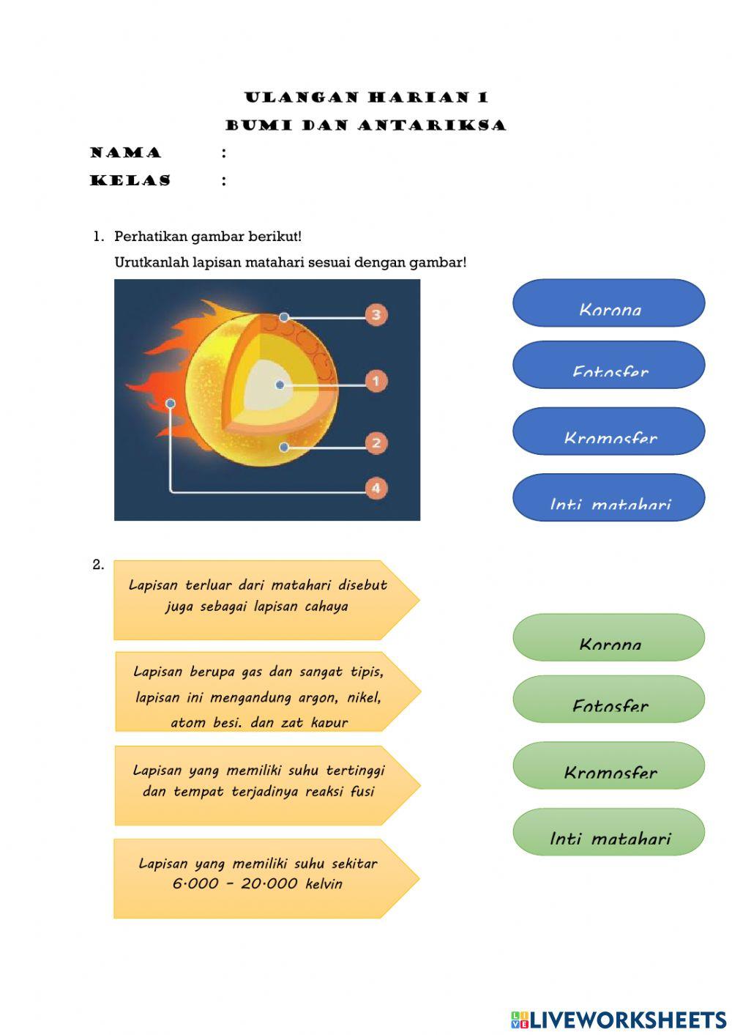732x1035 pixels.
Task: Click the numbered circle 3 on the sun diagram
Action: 376,315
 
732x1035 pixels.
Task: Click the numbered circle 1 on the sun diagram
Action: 376,381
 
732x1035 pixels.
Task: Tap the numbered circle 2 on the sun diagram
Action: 376,442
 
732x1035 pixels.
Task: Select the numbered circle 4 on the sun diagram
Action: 376,488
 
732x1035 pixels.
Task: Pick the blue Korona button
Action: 608,303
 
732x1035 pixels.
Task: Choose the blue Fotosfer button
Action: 608,365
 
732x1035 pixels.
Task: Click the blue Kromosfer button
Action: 608,431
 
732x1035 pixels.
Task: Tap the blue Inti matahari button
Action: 608,497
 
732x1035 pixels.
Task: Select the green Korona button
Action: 608,637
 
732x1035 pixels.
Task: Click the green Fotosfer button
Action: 608,700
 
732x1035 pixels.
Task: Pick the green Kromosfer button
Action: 608,765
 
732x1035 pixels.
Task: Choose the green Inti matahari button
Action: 608,832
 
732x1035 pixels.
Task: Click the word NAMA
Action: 126,153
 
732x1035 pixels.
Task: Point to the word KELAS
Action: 130,180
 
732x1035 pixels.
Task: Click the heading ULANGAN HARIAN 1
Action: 366,97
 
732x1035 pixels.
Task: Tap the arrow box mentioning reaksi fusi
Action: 260,785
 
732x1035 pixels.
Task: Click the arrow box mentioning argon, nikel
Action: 260,691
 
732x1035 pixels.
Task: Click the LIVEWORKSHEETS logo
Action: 619,1020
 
